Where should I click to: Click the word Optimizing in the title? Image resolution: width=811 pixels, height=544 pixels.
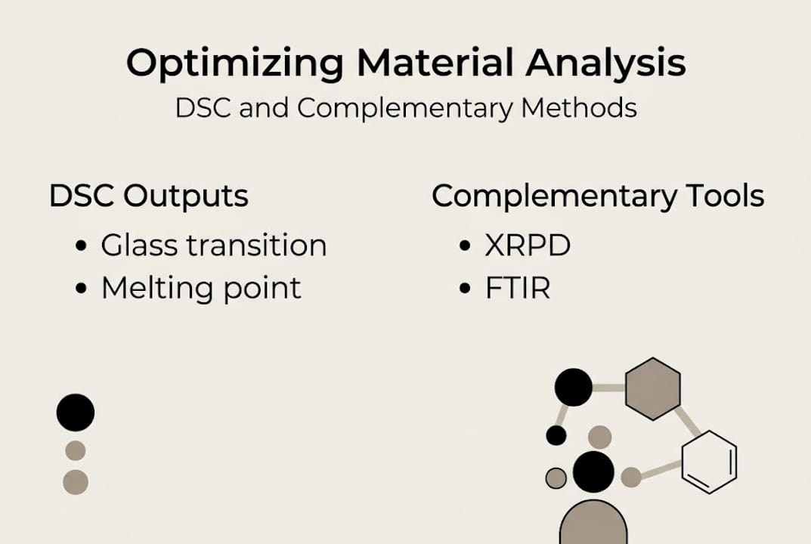234,63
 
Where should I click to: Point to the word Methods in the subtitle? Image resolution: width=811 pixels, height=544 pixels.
579,107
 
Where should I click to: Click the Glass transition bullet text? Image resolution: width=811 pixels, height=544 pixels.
213,246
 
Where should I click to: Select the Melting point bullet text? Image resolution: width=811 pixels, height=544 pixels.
201,288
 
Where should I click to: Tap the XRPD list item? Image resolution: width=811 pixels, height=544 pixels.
528,246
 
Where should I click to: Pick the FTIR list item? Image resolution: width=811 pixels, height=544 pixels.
517,288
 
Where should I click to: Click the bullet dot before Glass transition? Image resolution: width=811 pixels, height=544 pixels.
82,247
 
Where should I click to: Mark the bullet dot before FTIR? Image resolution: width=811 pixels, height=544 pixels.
466,289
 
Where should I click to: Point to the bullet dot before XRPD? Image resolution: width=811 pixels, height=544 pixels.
466,247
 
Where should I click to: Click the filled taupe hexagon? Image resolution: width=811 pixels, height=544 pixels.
653,389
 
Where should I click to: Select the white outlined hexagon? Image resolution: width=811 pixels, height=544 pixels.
709,462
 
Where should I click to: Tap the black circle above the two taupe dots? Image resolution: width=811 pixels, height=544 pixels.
76,413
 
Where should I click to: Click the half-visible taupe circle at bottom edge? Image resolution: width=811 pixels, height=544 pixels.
593,524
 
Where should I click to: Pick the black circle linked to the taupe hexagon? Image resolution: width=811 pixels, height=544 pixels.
573,387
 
